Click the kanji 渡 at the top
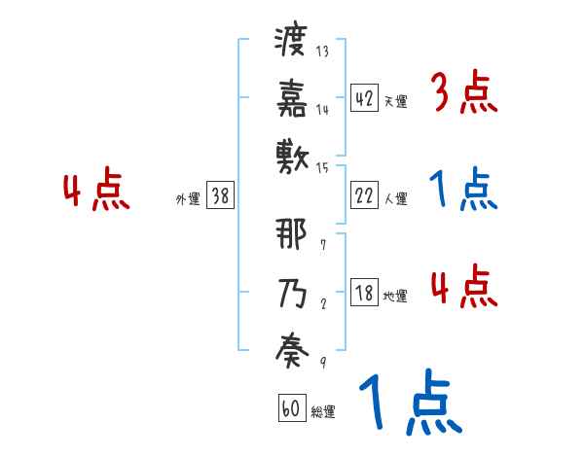click(291, 41)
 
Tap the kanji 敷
click(291, 154)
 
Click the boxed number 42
click(364, 97)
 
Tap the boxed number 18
click(364, 293)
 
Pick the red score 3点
click(464, 94)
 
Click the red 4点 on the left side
click(97, 192)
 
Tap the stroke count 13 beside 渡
click(322, 52)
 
